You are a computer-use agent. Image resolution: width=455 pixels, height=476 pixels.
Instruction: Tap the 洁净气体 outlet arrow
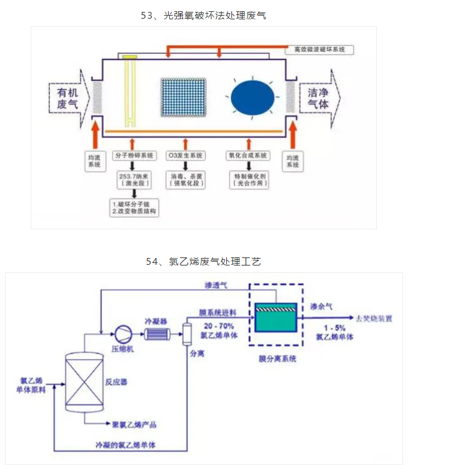[319, 99]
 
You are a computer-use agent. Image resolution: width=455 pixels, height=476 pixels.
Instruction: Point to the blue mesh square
[182, 97]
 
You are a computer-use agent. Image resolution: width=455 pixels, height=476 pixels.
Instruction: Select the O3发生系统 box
[185, 155]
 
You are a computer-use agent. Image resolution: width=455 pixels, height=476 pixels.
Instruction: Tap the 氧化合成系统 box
[249, 155]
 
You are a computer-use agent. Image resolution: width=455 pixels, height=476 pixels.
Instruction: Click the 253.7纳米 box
[132, 180]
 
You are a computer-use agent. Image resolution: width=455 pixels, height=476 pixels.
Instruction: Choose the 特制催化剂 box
[249, 180]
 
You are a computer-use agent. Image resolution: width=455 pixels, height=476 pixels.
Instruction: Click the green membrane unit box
[276, 320]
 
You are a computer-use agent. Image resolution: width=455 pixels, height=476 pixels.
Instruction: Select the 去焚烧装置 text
[374, 318]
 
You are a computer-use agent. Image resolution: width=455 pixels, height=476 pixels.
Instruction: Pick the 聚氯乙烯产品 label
[134, 425]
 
